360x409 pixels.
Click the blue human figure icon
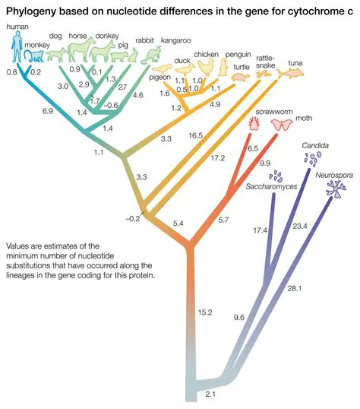point(19,47)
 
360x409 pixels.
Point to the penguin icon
point(225,68)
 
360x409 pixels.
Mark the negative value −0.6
point(112,105)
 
